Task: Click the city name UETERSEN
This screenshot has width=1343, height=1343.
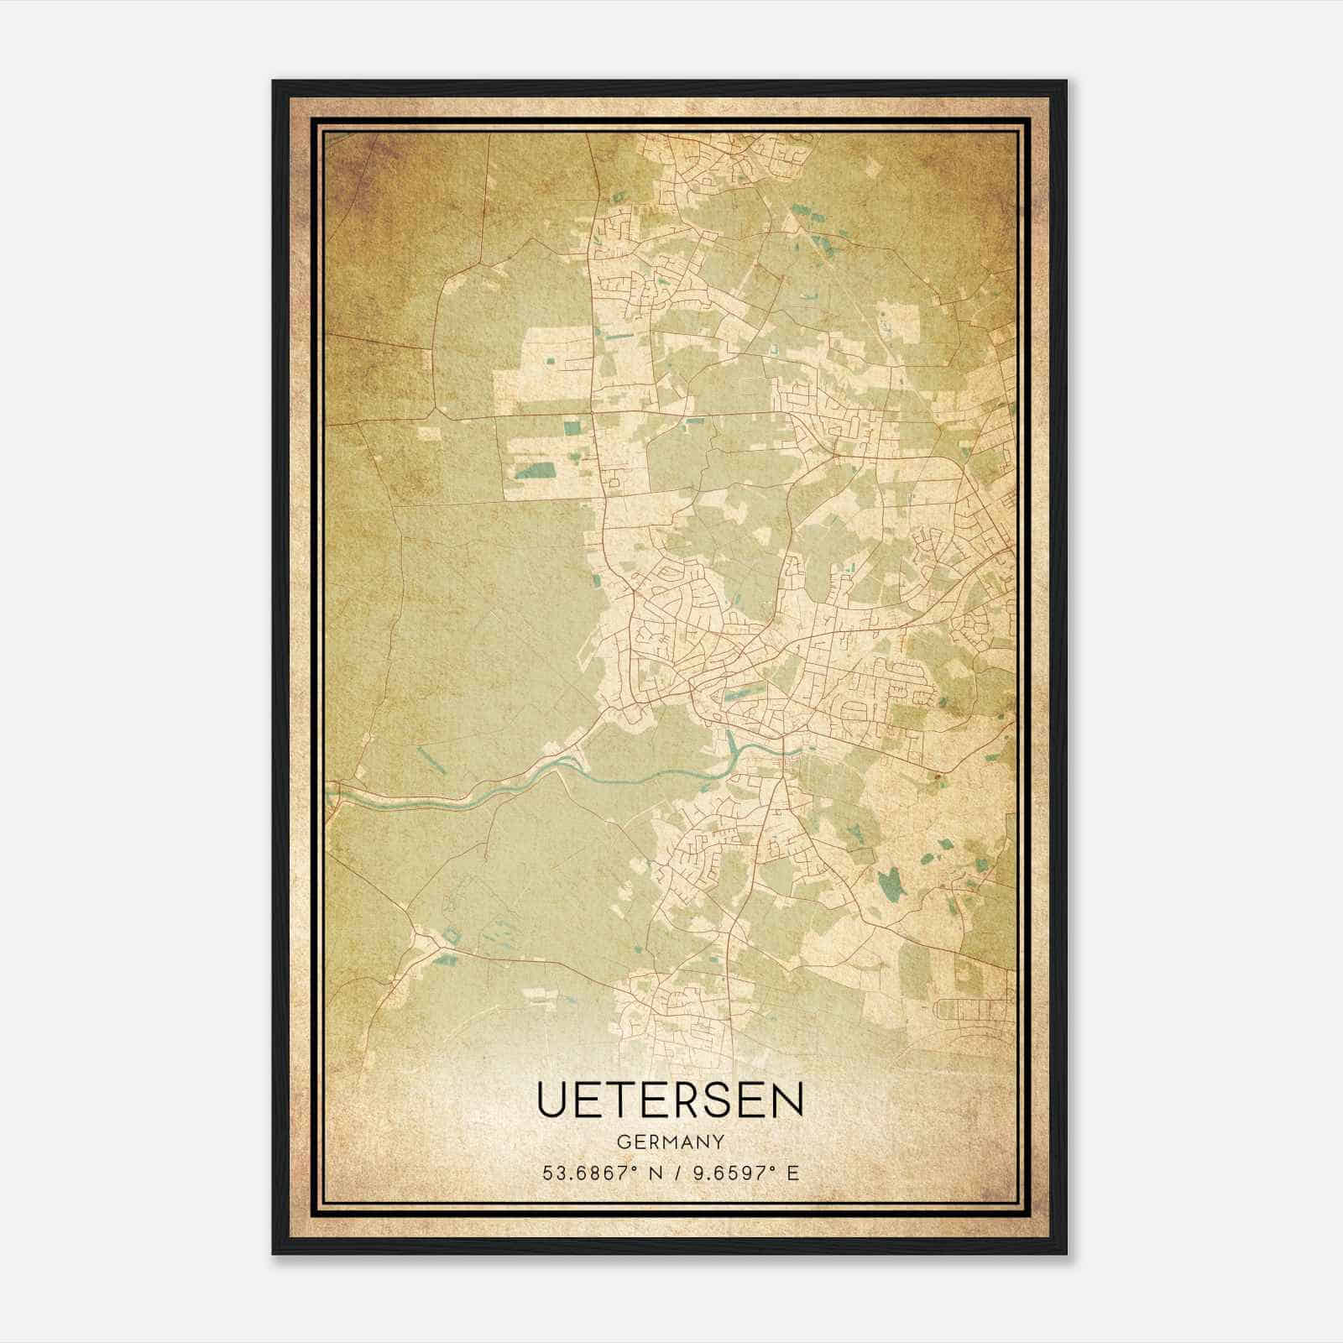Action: pos(670,1099)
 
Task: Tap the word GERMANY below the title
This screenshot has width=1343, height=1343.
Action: pos(670,1142)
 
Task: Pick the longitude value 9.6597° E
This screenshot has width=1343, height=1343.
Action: pos(743,1173)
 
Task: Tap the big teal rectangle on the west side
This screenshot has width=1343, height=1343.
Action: pos(535,471)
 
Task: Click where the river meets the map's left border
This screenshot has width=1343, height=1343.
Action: pos(330,790)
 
